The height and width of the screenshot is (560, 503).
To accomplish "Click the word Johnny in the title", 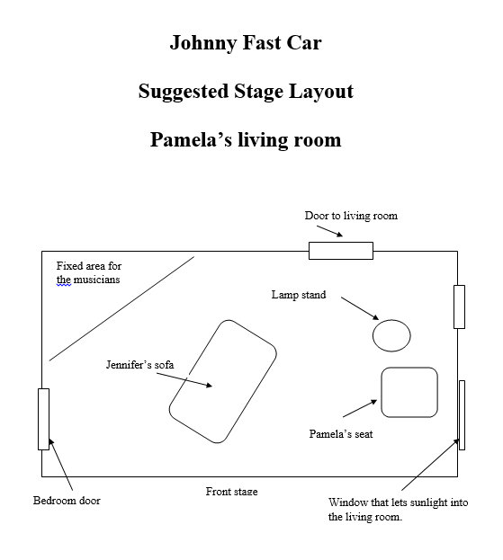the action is click(x=202, y=43).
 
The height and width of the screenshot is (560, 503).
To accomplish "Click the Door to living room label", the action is click(x=351, y=216).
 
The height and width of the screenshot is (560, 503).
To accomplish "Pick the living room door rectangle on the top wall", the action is click(x=341, y=251).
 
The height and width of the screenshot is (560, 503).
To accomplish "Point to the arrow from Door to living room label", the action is click(x=329, y=231).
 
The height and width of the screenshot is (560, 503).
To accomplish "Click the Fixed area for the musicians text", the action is click(x=89, y=272).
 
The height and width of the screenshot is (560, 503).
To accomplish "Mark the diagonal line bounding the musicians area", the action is click(x=121, y=308).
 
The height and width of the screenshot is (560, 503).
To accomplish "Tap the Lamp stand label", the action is click(x=299, y=295).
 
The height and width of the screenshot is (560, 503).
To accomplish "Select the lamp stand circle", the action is click(x=391, y=320).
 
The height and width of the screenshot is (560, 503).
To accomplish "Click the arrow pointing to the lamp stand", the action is click(x=360, y=308).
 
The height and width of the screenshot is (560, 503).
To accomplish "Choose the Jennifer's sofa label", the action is click(x=139, y=365).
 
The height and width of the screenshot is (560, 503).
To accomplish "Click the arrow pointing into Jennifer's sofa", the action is click(x=184, y=379).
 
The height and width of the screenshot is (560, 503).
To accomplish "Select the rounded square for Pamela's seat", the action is click(x=382, y=392).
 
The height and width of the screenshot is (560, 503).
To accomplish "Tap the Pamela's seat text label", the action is click(x=341, y=434).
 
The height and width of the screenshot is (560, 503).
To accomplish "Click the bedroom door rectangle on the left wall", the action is click(x=43, y=419).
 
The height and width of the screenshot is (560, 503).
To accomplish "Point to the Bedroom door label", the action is click(x=67, y=501).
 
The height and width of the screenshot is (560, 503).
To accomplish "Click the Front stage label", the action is click(x=231, y=492).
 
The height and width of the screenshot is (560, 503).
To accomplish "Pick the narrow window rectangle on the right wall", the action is click(x=462, y=415).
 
